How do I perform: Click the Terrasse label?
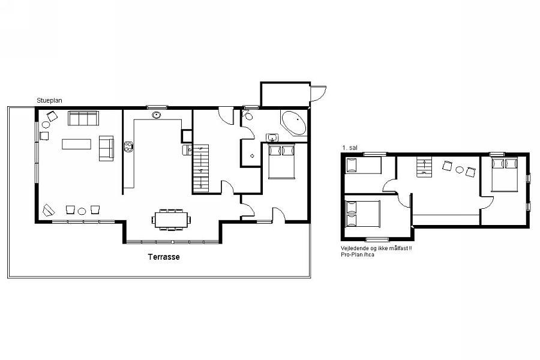tap(164, 257)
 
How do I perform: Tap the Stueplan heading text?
tap(49, 101)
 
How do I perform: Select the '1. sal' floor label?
tap(350, 148)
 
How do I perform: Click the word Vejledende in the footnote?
tap(353, 248)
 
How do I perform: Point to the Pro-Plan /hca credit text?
tap(358, 254)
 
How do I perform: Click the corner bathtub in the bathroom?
tap(294, 122)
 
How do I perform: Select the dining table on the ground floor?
tap(171, 220)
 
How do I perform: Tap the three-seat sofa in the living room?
tap(83, 118)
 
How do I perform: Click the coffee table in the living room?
tap(76, 144)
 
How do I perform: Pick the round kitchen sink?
tap(157, 115)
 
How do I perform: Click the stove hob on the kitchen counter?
tap(128, 147)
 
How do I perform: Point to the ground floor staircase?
tap(200, 168)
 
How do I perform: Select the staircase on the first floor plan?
tap(424, 167)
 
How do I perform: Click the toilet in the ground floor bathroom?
tap(248, 115)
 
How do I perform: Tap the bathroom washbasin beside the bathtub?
tap(272, 138)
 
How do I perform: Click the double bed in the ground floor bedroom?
tap(282, 161)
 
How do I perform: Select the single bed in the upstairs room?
tap(363, 166)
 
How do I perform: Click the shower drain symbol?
tap(252, 156)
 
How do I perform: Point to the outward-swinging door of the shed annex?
tap(318, 93)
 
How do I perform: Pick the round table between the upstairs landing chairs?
tap(460, 169)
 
